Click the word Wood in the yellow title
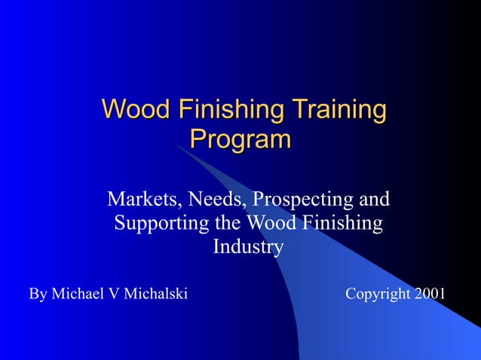[133, 110]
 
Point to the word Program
[240, 139]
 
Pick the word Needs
[217, 200]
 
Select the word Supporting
[160, 224]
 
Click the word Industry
[248, 247]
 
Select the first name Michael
[78, 294]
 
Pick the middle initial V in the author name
[115, 294]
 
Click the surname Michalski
[155, 294]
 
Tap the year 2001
[430, 294]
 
